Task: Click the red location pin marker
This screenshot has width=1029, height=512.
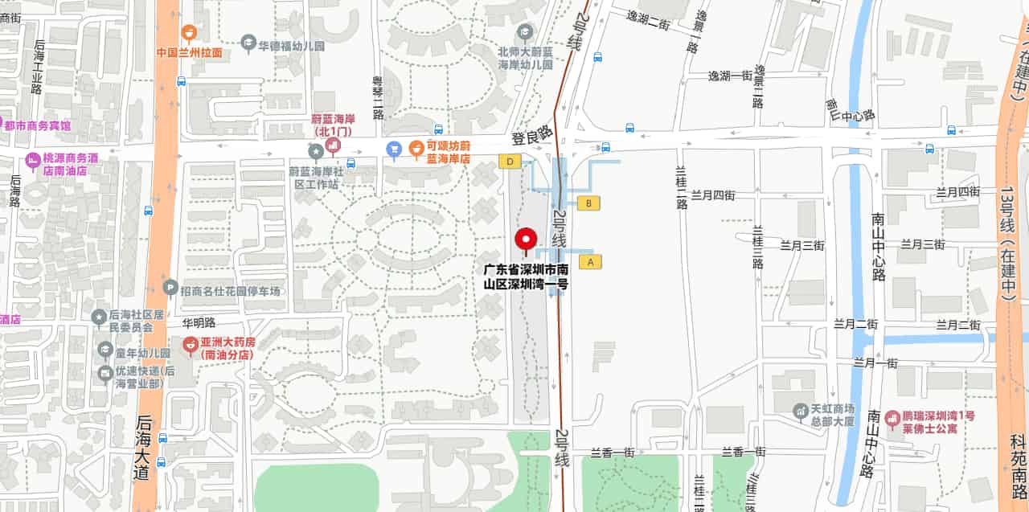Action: click(527, 240)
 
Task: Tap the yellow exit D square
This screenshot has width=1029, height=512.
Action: click(509, 162)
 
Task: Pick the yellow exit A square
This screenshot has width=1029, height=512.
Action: click(590, 261)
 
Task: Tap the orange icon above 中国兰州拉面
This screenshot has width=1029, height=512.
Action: click(188, 33)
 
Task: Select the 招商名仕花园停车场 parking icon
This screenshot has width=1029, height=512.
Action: click(170, 287)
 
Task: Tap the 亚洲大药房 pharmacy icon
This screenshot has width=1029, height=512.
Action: click(191, 346)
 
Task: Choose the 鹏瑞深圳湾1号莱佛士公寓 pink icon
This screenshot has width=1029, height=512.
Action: click(892, 418)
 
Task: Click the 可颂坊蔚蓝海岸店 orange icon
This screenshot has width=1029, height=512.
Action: click(416, 147)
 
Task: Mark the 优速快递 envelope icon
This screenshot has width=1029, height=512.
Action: click(105, 374)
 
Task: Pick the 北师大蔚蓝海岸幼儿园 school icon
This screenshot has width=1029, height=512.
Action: click(525, 32)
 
